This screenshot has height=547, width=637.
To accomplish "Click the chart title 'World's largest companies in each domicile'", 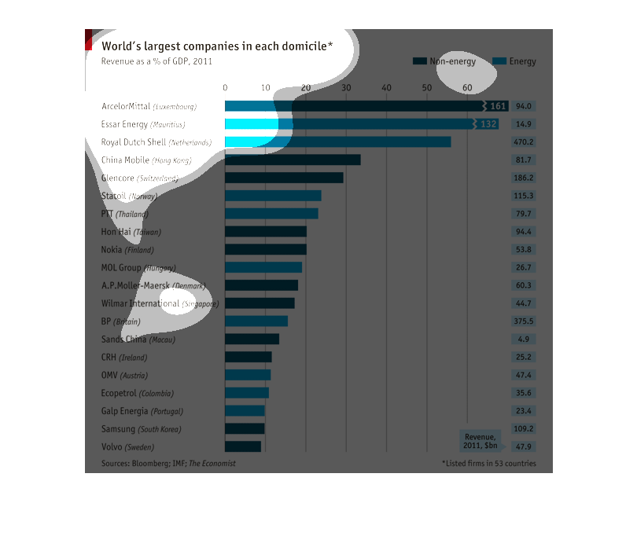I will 217,46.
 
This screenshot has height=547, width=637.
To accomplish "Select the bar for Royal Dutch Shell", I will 338,142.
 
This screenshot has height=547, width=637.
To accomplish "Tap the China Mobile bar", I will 293,160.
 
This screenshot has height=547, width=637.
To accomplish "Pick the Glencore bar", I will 284,178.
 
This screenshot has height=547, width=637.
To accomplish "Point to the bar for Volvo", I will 243,446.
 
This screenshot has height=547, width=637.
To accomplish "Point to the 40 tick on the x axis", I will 386,86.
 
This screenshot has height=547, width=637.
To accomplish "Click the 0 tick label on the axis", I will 225,86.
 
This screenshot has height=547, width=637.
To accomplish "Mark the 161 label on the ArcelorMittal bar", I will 498,106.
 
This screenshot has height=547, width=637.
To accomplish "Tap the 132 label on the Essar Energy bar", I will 488,124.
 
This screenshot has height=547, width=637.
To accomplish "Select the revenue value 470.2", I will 524,142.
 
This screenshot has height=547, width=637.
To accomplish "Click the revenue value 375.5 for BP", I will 524,321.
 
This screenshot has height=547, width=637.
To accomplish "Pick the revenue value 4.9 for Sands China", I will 524,340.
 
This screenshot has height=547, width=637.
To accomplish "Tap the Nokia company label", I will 127,250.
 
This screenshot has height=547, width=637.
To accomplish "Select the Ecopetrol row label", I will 138,393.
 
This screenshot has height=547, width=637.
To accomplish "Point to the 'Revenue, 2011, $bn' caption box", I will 479,441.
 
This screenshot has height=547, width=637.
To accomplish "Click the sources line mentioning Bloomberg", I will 168,464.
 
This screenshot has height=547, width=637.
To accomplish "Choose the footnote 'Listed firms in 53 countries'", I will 489,464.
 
